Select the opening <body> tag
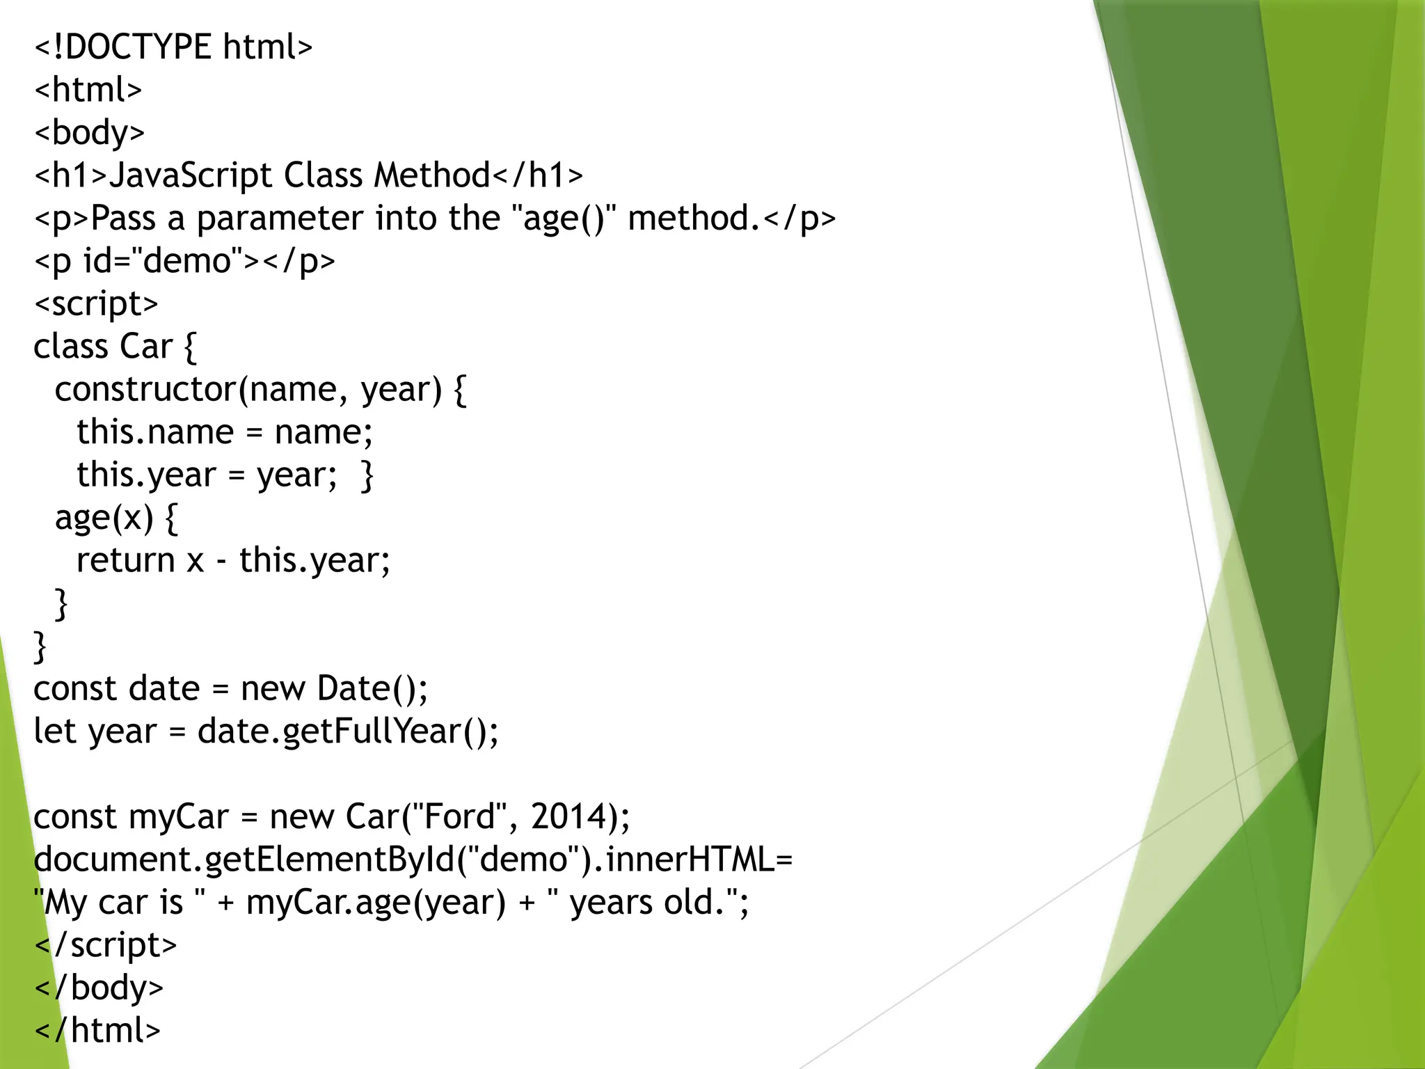pyautogui.click(x=89, y=133)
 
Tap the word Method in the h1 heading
pyautogui.click(x=432, y=175)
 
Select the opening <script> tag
pyautogui.click(x=96, y=304)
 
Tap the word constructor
pyautogui.click(x=145, y=390)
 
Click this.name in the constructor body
pyautogui.click(x=154, y=432)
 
